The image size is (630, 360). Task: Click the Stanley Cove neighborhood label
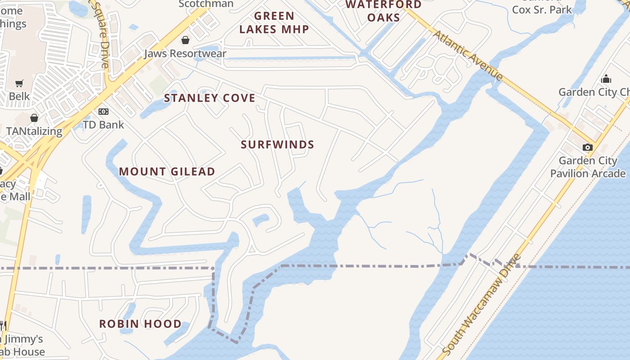tap(210, 98)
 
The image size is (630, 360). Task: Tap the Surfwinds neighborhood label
tap(277, 144)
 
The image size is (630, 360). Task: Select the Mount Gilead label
tap(167, 171)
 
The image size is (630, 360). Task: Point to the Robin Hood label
tap(140, 324)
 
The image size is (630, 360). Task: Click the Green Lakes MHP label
tap(274, 22)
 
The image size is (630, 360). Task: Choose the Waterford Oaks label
tap(384, 11)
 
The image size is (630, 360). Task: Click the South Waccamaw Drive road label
tap(481, 304)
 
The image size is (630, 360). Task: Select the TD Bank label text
tap(103, 125)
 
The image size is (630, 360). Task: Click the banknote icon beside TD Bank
tap(103, 111)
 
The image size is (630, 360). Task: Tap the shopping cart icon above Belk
tap(19, 83)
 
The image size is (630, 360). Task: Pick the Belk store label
tap(19, 96)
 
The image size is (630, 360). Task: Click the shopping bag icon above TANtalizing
tap(34, 118)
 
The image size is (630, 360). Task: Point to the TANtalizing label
tap(34, 131)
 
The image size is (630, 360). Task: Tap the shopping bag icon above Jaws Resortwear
tap(185, 40)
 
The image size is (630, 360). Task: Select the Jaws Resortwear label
tap(185, 54)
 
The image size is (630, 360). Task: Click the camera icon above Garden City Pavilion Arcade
tap(587, 147)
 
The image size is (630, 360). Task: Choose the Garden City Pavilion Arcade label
tap(588, 167)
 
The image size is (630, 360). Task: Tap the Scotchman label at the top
tap(206, 4)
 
